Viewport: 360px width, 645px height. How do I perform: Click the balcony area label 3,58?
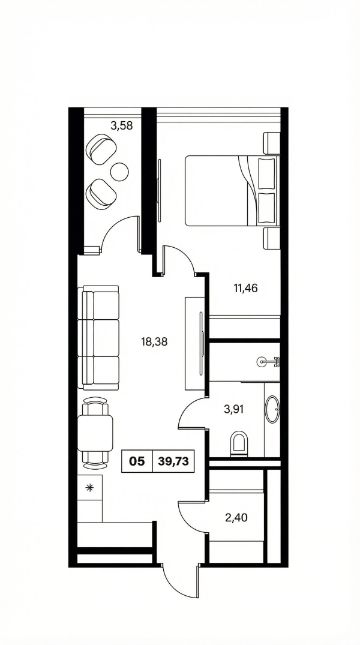pyautogui.click(x=121, y=125)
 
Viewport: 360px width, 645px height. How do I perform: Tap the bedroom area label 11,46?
pyautogui.click(x=246, y=288)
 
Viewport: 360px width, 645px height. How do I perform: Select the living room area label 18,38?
pyautogui.click(x=154, y=341)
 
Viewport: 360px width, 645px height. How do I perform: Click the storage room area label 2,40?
pyautogui.click(x=237, y=517)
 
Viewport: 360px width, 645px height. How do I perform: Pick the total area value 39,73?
pyautogui.click(x=173, y=461)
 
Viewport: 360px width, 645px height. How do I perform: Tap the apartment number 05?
pyautogui.click(x=137, y=461)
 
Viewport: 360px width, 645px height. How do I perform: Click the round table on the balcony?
pyautogui.click(x=120, y=172)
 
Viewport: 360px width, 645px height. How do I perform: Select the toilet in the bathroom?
pyautogui.click(x=239, y=443)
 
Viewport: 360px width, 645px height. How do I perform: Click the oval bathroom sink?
pyautogui.click(x=272, y=409)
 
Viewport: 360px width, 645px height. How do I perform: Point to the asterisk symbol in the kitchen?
pyautogui.click(x=89, y=488)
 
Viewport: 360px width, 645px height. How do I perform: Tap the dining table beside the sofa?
pyautogui.click(x=95, y=433)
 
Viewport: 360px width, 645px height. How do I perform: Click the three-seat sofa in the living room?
pyautogui.click(x=99, y=338)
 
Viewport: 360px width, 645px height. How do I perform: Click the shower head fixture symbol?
pyautogui.click(x=268, y=362)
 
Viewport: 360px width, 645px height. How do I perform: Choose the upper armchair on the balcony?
pyautogui.click(x=101, y=148)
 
